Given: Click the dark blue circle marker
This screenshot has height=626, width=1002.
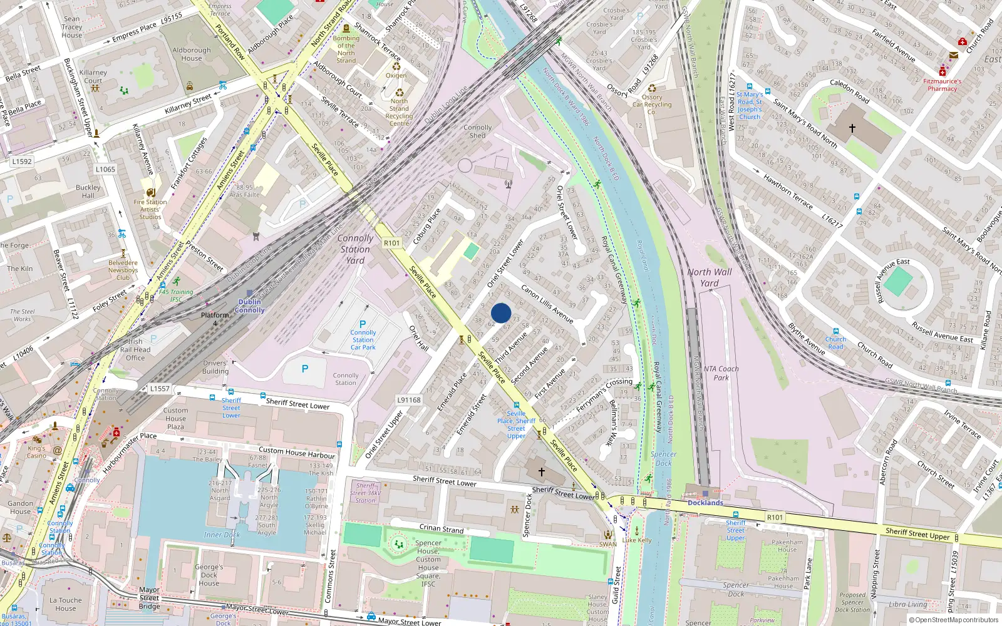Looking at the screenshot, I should (501, 313).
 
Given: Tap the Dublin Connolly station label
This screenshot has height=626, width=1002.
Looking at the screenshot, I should (250, 306).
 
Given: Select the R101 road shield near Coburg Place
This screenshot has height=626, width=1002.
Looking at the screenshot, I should (392, 243).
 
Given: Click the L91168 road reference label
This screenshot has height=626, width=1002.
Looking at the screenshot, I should (409, 400).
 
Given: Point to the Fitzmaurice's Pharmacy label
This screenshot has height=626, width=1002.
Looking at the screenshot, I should (943, 85).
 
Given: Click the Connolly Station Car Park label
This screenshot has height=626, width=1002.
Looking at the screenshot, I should (363, 340).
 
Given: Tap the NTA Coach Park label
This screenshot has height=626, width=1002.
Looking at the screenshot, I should (721, 373).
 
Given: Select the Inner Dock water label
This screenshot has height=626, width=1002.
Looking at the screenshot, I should (222, 535).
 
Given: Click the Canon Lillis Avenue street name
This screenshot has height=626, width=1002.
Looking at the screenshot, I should (547, 304).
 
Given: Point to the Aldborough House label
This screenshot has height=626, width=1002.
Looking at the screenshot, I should (192, 54).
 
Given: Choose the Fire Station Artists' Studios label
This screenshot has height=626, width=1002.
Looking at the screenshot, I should (150, 209).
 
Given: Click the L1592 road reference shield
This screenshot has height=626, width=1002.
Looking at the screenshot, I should (22, 162).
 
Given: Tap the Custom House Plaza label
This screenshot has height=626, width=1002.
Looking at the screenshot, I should (175, 419).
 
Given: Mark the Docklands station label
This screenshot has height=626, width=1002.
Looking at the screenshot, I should (705, 503).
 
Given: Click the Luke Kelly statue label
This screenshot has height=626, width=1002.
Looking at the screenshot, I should (637, 540).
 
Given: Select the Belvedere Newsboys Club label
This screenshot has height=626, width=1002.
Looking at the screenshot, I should (123, 270).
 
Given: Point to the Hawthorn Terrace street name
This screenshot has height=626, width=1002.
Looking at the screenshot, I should (787, 192).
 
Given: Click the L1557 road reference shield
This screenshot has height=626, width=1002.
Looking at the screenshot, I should (160, 389).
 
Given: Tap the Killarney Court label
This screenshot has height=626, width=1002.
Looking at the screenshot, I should (93, 76).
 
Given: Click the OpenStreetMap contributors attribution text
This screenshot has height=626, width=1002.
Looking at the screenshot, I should (956, 620).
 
